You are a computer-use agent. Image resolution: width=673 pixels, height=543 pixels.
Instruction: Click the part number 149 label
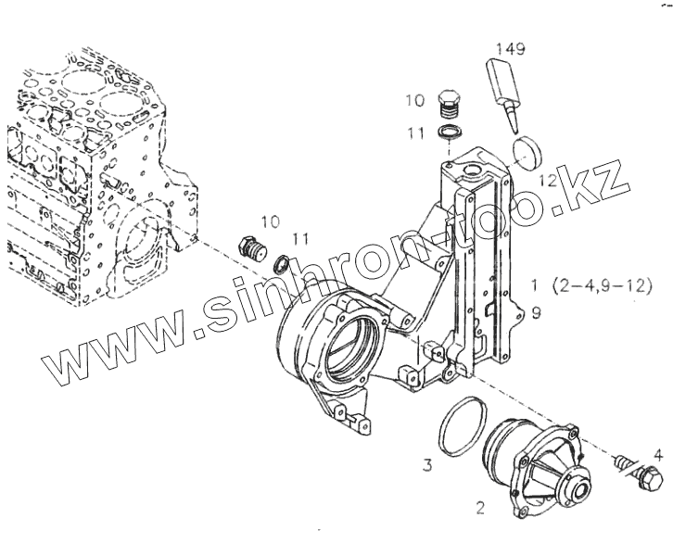pos(511,48)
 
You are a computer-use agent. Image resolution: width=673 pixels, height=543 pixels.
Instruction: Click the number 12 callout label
pos(548,181)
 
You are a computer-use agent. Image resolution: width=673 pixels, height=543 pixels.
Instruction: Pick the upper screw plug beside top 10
pos(449,105)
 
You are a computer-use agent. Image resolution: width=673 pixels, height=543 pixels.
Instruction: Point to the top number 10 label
pos(414,99)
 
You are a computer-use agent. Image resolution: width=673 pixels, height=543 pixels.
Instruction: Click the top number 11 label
pos(414,134)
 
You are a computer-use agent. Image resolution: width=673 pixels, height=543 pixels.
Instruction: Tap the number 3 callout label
pos(428,465)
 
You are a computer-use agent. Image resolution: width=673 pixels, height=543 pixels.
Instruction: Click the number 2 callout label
pos(480,507)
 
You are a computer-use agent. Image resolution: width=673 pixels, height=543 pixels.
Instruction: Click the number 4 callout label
pos(657,454)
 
